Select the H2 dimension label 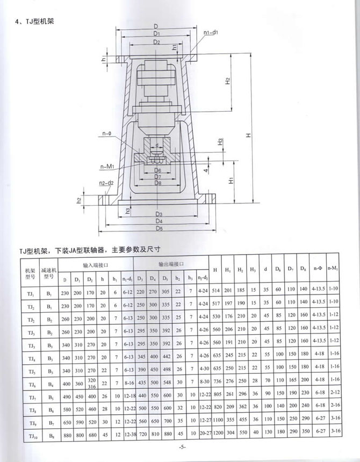point(228,81)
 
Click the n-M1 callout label point(106,167)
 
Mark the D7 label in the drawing point(157,177)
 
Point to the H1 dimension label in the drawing point(229,181)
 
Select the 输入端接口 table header point(96,265)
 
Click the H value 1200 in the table point(216,431)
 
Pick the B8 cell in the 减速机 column point(48,431)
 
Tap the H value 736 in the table point(216,381)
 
